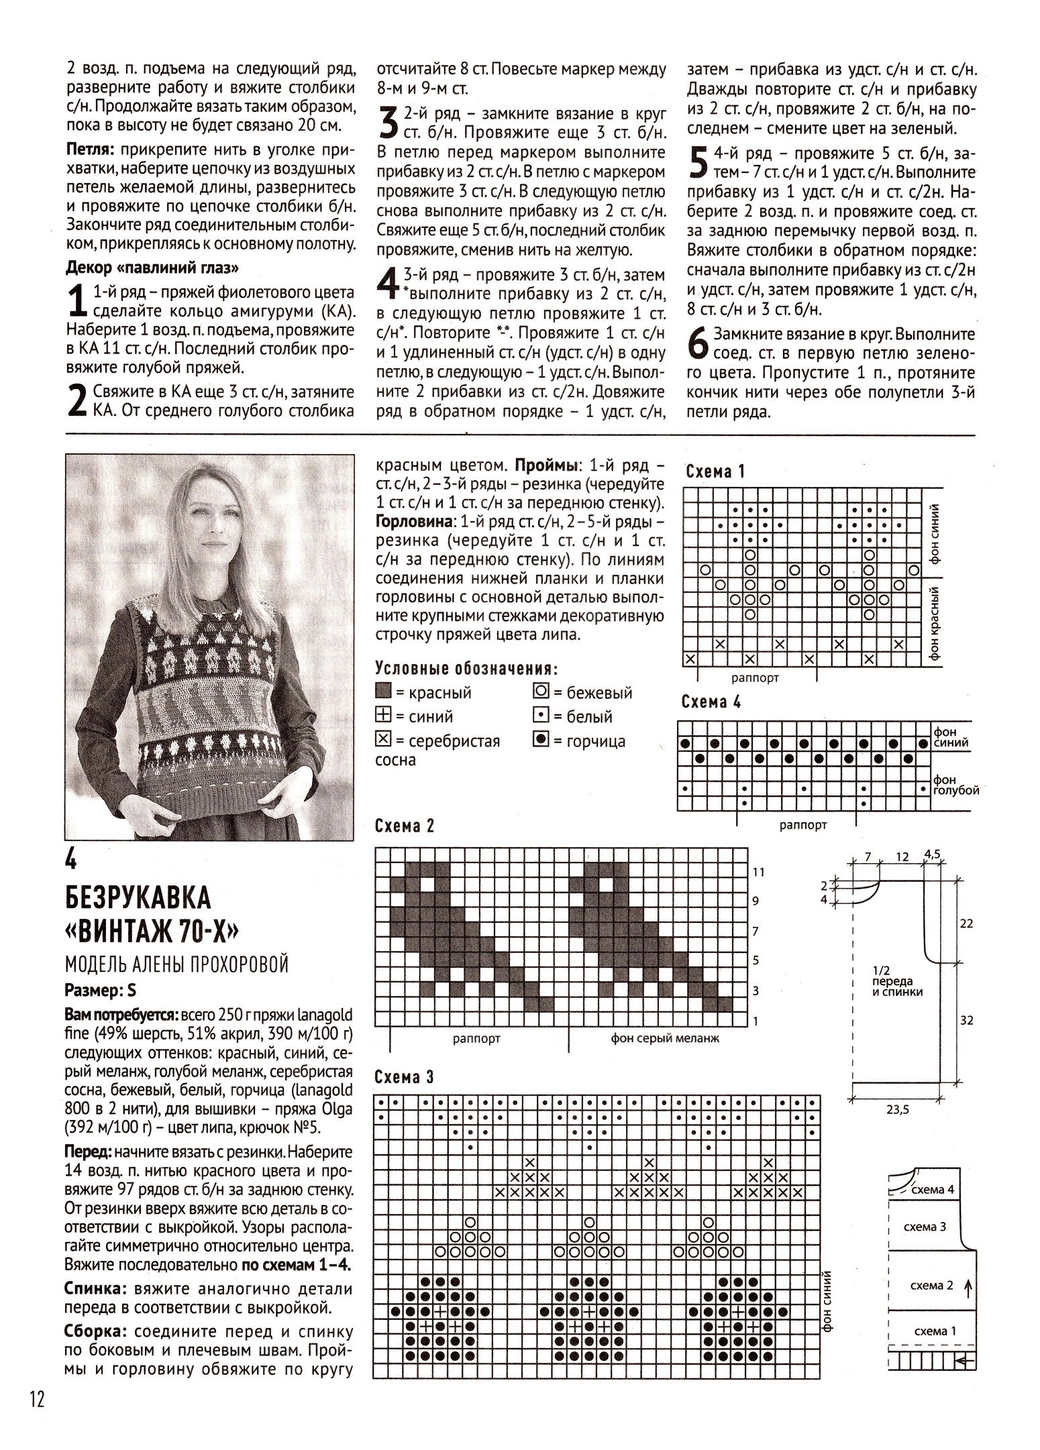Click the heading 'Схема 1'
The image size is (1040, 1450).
point(715,471)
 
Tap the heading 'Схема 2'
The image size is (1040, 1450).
point(405,826)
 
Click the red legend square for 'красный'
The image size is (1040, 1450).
point(383,691)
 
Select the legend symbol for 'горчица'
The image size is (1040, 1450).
point(540,740)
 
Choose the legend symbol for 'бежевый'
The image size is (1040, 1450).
point(540,691)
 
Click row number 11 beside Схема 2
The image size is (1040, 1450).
point(758,872)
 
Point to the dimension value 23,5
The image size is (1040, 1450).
point(897,1109)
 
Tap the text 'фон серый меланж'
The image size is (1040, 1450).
point(664,1038)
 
